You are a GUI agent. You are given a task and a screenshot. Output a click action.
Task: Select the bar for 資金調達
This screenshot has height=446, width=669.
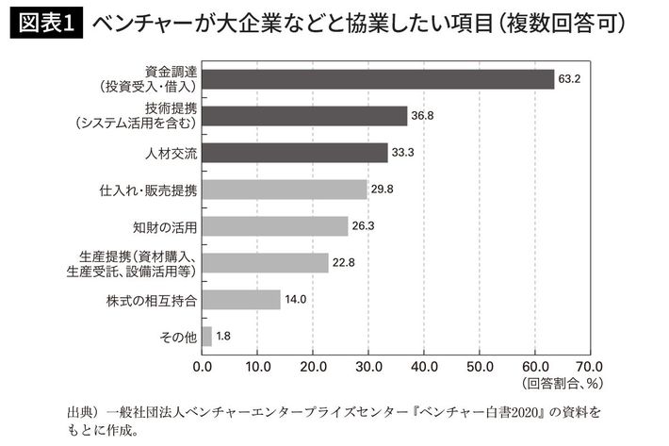coord(377,79)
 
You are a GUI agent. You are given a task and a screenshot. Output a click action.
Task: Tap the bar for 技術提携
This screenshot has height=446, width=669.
coord(304,116)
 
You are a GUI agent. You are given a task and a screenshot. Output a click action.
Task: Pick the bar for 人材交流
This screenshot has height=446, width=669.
coord(294,153)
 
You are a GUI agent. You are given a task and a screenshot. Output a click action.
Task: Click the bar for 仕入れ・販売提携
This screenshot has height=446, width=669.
coord(285,190)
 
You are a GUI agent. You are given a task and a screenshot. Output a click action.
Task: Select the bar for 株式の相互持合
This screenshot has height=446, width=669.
coord(240,300)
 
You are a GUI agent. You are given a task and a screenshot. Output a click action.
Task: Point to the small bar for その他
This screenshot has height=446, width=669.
coord(206,337)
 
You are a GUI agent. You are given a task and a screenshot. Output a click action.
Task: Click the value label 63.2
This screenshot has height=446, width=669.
coord(569,79)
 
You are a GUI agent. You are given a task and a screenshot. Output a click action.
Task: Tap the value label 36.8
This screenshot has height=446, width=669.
coord(421,116)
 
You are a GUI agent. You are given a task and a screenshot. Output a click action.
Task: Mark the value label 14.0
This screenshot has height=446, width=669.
coord(297,300)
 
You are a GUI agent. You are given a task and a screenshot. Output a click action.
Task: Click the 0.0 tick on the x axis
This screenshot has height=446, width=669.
coord(203,365)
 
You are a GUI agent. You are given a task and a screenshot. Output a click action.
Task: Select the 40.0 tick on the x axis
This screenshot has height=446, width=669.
coord(426,365)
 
